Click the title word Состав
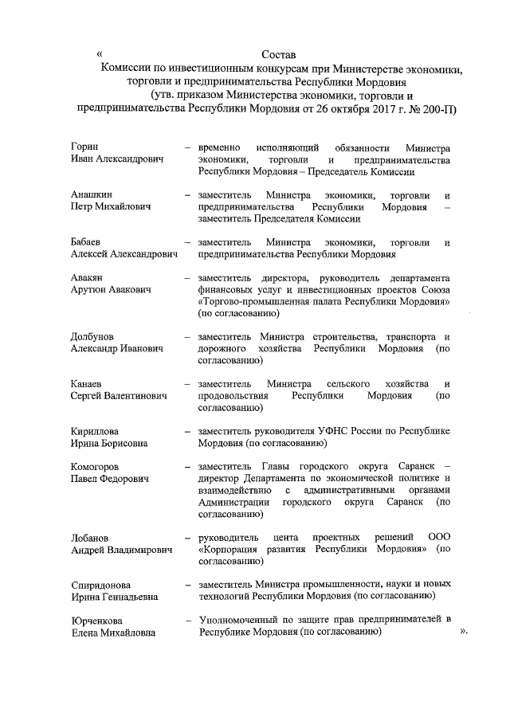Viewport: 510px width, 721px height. point(278,55)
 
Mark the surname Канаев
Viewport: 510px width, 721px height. point(88,385)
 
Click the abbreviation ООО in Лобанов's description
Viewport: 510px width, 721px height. point(439,538)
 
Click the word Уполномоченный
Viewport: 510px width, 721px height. point(241,620)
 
